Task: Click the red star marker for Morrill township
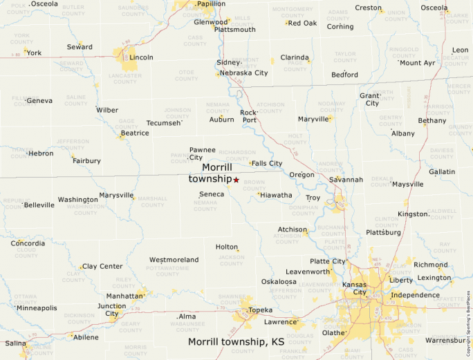236,180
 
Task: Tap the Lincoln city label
142,57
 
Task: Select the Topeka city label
261,310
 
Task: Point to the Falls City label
267,164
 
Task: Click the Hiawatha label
277,195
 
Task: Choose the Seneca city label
212,194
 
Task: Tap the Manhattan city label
124,296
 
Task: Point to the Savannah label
346,180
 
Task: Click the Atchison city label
293,229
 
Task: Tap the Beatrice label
135,133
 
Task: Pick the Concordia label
28,243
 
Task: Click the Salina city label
16,343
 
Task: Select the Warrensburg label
445,340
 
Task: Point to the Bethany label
432,120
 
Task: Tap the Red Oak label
302,23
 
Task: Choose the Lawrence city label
281,322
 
